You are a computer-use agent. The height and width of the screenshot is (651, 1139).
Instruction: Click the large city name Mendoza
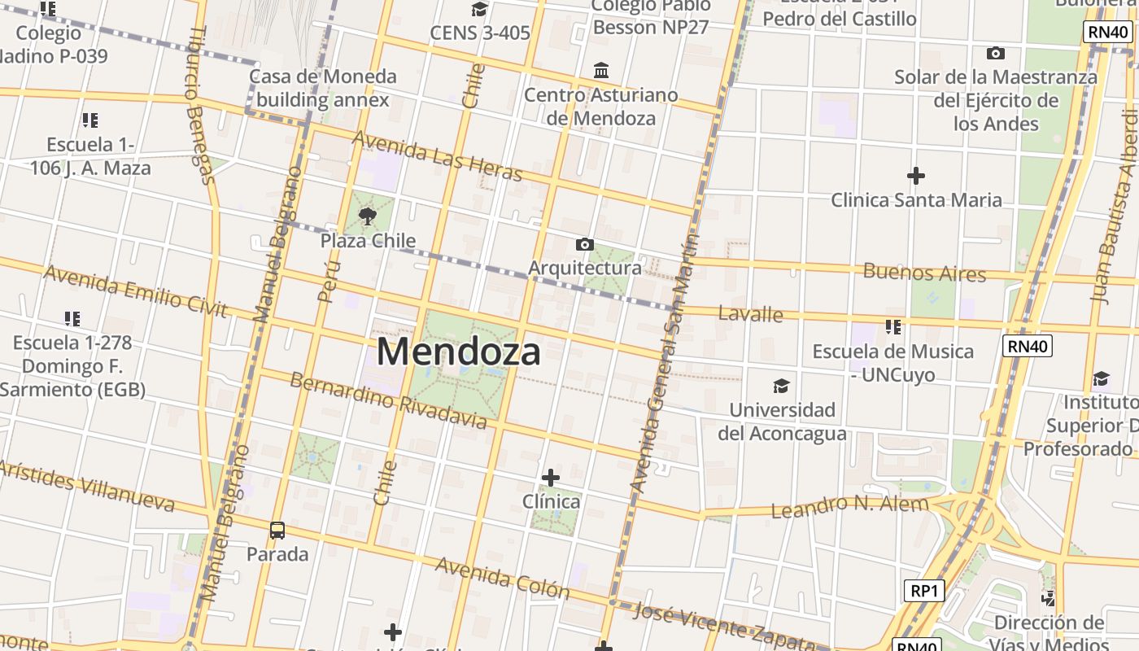click(x=459, y=352)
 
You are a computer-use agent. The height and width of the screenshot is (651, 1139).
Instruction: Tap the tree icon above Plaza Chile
click(x=368, y=216)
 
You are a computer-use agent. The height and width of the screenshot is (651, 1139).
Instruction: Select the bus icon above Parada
click(x=277, y=531)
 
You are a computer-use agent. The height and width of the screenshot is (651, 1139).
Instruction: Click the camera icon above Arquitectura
click(x=584, y=244)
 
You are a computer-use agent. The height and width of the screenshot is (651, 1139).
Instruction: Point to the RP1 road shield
click(x=924, y=591)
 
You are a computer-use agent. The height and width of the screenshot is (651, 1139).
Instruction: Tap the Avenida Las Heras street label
click(x=437, y=155)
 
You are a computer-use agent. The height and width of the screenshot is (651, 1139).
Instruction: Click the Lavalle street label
click(x=750, y=314)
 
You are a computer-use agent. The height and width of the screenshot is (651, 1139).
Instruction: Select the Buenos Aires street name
click(x=924, y=272)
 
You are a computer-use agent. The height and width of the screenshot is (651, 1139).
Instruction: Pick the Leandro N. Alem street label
click(x=849, y=506)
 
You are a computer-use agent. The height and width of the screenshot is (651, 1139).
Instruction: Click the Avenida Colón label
click(x=502, y=577)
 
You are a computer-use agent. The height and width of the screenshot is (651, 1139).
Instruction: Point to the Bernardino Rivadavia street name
click(x=389, y=400)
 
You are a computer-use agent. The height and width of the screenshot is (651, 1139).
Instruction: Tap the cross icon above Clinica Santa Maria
click(x=916, y=175)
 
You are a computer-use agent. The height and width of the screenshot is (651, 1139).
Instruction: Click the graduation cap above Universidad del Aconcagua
click(x=781, y=386)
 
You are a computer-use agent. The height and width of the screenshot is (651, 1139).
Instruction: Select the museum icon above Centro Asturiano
click(x=601, y=70)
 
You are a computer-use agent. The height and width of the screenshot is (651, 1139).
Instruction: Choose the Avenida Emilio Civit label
click(x=135, y=290)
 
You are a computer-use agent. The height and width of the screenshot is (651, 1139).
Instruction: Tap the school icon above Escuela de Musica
click(x=893, y=327)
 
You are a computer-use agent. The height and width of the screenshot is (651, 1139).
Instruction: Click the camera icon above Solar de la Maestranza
click(x=995, y=54)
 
